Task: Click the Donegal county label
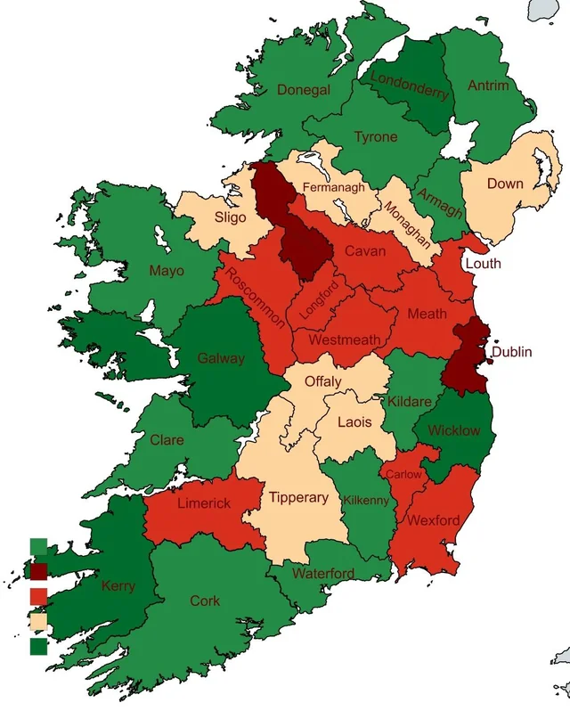point(304,90)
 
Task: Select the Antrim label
point(488,86)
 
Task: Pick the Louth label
point(483,263)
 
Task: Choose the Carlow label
point(403,474)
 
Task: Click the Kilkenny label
point(366,501)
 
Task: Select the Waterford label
point(323,573)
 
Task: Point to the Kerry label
point(118,585)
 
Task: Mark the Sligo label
point(230,217)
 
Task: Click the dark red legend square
point(39,571)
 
